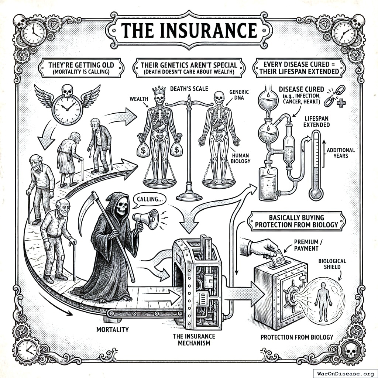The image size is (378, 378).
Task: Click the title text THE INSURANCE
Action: tap(189, 30)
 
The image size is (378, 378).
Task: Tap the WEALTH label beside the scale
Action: tap(139, 99)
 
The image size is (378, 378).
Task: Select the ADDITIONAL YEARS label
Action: tap(340, 153)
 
